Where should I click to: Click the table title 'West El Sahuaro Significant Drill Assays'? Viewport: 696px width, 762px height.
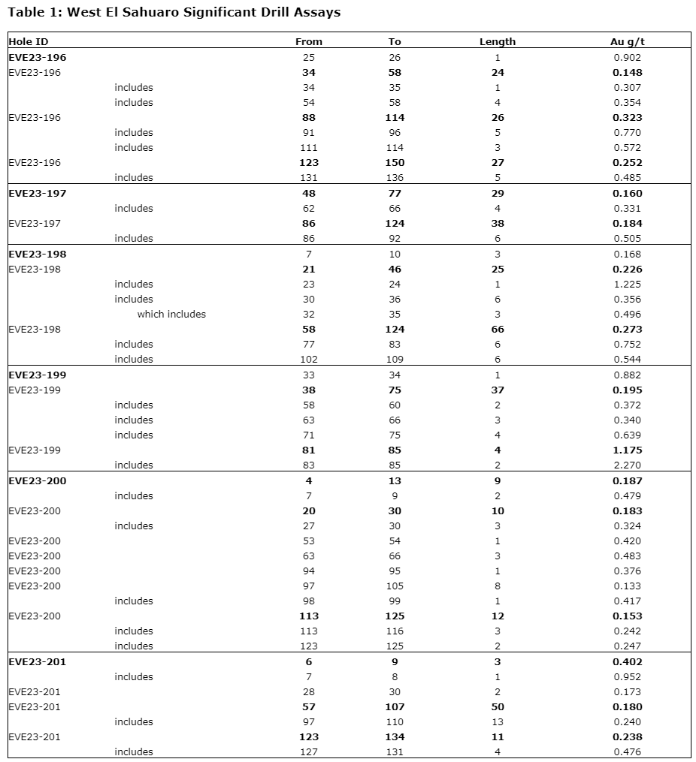point(174,12)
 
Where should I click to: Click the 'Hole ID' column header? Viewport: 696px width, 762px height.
point(28,42)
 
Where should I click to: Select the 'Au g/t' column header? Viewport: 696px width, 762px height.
point(627,42)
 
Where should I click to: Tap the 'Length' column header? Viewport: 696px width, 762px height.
point(497,42)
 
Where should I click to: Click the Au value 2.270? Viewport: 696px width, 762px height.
point(627,465)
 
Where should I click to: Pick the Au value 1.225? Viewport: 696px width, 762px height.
point(627,285)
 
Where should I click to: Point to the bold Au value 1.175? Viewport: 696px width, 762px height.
point(627,450)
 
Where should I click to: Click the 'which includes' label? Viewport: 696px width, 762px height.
point(171,315)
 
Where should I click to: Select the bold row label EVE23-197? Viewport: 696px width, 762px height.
point(38,193)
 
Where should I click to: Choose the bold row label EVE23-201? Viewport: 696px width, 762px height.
point(38,661)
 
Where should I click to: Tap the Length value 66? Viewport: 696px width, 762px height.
point(497,330)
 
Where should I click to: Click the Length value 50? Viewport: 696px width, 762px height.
point(497,706)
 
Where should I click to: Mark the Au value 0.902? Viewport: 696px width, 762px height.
point(627,58)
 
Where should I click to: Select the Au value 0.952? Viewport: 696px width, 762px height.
point(627,676)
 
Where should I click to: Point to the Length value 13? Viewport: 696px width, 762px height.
point(497,721)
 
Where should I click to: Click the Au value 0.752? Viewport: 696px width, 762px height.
point(627,345)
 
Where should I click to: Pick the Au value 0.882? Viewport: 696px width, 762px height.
point(627,375)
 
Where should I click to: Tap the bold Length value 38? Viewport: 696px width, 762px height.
point(497,223)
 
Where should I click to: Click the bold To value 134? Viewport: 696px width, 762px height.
point(395,736)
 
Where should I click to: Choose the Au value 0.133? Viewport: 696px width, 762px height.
point(627,586)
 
